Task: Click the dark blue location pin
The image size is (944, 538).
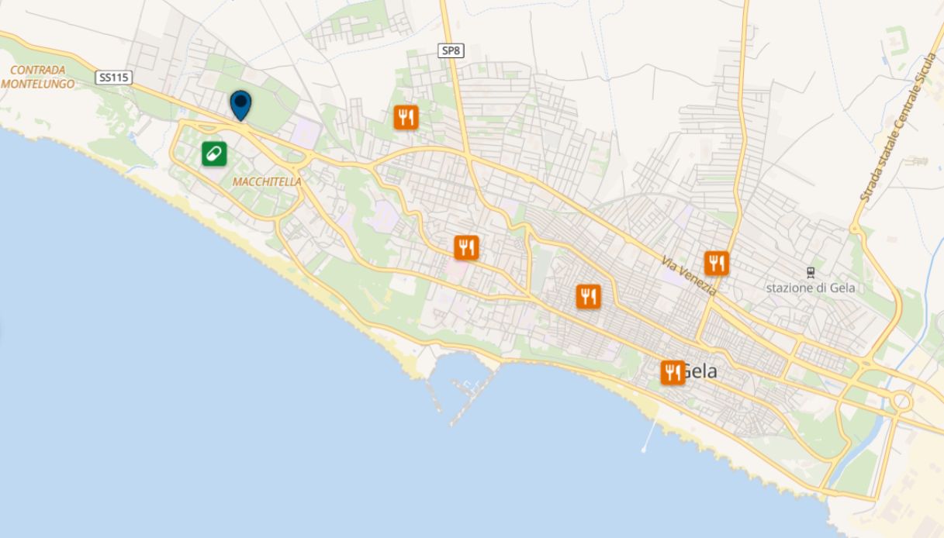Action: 241,104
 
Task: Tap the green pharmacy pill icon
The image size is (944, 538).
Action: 214,153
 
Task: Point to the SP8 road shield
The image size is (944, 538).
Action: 450,50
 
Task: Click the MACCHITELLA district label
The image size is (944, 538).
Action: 267,181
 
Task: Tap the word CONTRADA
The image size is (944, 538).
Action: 37,70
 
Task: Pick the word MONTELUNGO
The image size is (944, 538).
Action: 38,84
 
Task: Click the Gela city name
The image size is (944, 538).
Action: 700,372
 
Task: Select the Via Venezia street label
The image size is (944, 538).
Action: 689,276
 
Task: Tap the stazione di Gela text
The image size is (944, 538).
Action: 811,288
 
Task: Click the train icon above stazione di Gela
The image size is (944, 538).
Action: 811,272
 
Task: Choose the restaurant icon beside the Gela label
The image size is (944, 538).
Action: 673,372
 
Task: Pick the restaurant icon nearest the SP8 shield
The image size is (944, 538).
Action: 406,117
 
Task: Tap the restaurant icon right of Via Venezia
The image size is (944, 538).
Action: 717,263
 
